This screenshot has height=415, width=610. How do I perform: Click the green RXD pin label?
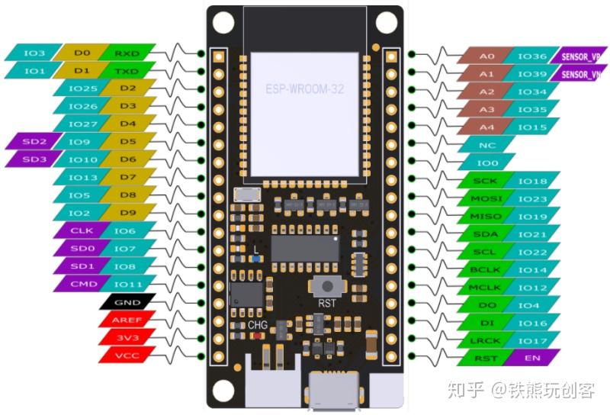(127, 53)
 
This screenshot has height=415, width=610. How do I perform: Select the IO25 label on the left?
(82, 88)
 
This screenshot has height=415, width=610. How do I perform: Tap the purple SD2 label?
(34, 141)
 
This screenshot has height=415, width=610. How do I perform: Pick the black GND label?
(127, 302)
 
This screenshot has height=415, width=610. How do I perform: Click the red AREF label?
(127, 320)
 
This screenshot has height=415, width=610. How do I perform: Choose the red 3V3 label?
(127, 337)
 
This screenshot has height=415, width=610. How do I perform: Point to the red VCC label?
(127, 355)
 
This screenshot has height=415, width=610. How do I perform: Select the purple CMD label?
(83, 284)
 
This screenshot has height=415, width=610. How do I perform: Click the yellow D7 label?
(128, 177)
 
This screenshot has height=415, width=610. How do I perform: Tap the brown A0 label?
(486, 56)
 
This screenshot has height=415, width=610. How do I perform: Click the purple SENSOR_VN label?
(579, 74)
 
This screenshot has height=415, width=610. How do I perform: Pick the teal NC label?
(486, 145)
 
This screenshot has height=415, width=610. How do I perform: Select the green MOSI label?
(486, 198)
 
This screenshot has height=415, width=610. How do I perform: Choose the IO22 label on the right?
(532, 252)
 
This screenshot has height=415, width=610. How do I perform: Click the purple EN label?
(532, 358)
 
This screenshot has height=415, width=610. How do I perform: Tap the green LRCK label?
(485, 341)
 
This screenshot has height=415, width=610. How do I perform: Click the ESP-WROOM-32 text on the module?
(304, 89)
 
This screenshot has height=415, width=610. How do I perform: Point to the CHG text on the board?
(258, 325)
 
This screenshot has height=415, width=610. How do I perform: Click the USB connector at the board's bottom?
(334, 391)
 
